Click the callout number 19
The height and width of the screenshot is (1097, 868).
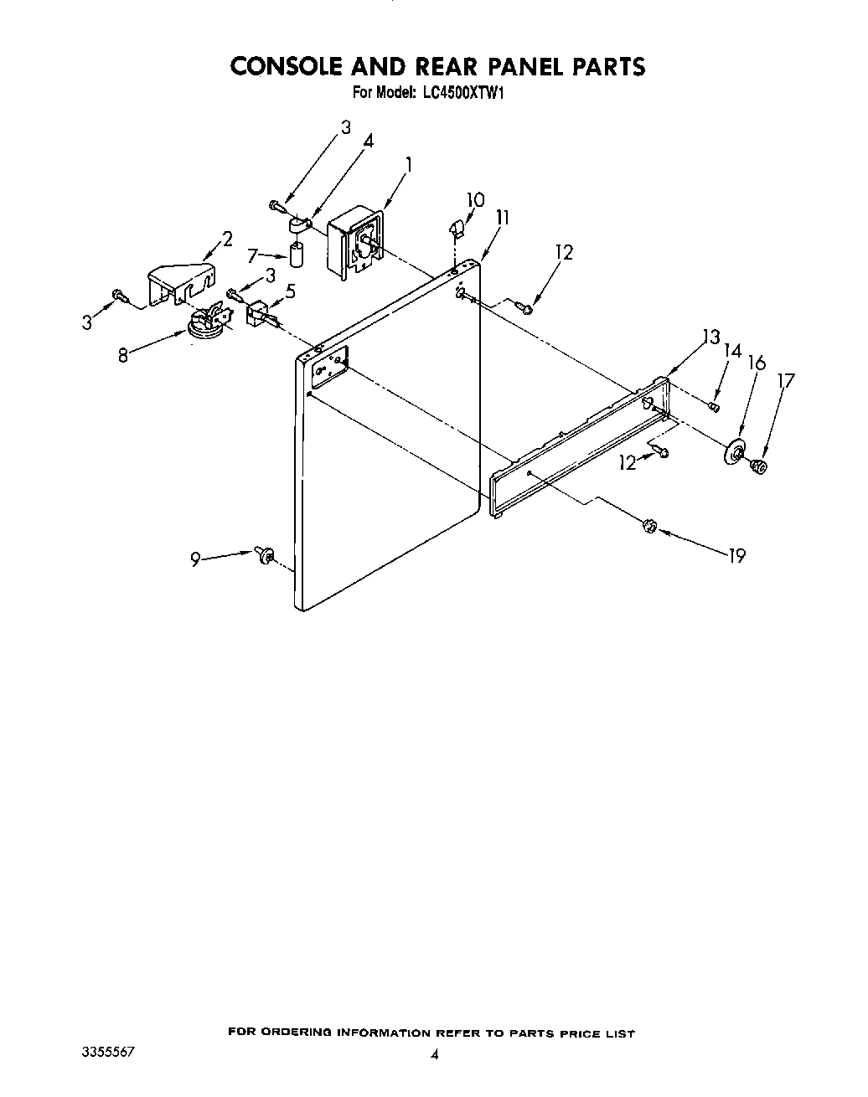click(x=736, y=554)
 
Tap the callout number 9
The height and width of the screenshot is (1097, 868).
click(x=195, y=560)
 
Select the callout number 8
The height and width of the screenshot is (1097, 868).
click(x=123, y=354)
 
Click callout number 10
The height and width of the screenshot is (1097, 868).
click(x=475, y=200)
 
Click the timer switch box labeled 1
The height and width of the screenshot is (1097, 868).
click(x=356, y=242)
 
